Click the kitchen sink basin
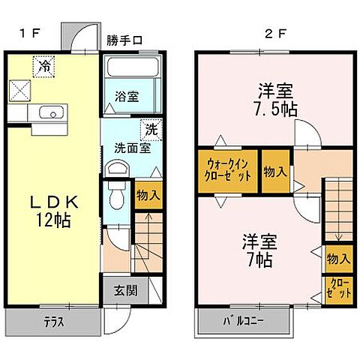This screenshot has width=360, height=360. (x=50, y=114)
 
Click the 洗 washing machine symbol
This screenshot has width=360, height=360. (x=150, y=128)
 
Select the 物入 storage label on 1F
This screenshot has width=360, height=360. (x=148, y=194)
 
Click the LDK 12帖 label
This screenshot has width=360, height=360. (x=52, y=211)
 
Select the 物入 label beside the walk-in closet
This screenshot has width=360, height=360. (x=275, y=172)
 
